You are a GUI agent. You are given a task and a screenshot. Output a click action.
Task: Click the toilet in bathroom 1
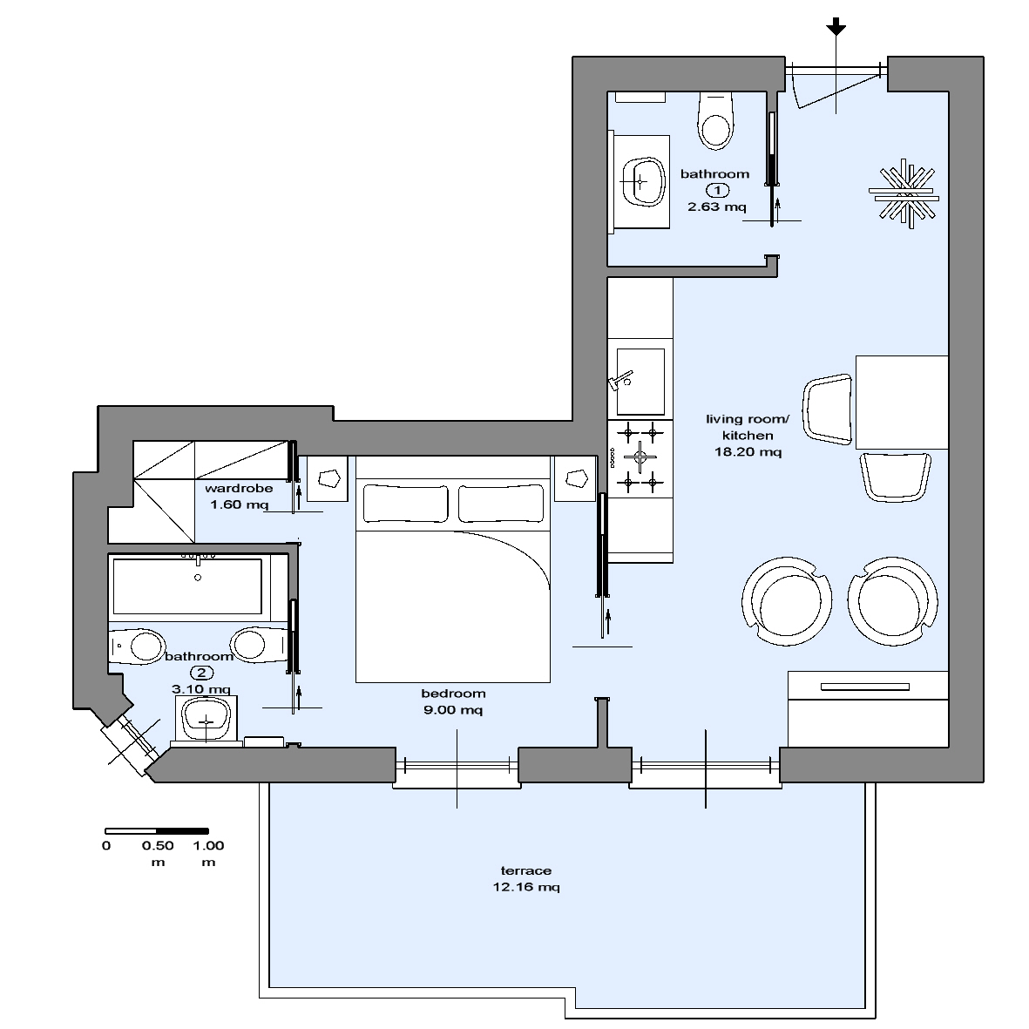click(x=715, y=121)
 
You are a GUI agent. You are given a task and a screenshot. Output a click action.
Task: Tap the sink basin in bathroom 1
click(x=642, y=181)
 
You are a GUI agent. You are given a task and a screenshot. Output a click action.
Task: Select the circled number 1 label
click(x=717, y=190)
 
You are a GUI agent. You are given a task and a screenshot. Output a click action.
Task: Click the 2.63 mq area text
click(x=716, y=206)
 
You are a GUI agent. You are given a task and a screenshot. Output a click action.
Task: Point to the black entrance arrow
click(x=836, y=27)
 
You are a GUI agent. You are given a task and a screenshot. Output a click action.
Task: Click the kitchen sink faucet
click(x=619, y=382)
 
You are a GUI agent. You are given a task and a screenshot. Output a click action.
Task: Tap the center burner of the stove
click(x=640, y=457)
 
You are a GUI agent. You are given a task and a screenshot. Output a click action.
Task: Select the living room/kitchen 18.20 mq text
click(x=748, y=435)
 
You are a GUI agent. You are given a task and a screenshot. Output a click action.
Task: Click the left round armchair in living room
click(x=787, y=600)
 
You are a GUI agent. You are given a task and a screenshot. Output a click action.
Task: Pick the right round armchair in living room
click(x=892, y=600)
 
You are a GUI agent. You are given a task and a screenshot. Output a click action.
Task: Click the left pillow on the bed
click(x=405, y=504)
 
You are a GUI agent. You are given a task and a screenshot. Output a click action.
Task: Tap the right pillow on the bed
click(x=501, y=504)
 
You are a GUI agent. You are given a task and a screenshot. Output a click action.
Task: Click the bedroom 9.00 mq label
click(x=453, y=701)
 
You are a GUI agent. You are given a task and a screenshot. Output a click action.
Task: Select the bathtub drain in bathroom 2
click(x=198, y=578)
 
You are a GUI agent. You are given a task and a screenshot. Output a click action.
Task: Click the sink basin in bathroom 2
click(x=206, y=720)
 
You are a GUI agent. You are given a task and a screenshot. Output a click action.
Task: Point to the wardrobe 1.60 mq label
click(x=239, y=496)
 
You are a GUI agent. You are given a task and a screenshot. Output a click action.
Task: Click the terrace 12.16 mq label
click(x=526, y=879)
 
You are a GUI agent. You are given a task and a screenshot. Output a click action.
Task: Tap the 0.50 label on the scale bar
click(x=158, y=845)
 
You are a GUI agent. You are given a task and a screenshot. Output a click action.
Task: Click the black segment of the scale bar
click(x=182, y=831)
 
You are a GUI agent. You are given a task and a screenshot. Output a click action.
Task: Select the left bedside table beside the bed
click(x=328, y=478)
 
